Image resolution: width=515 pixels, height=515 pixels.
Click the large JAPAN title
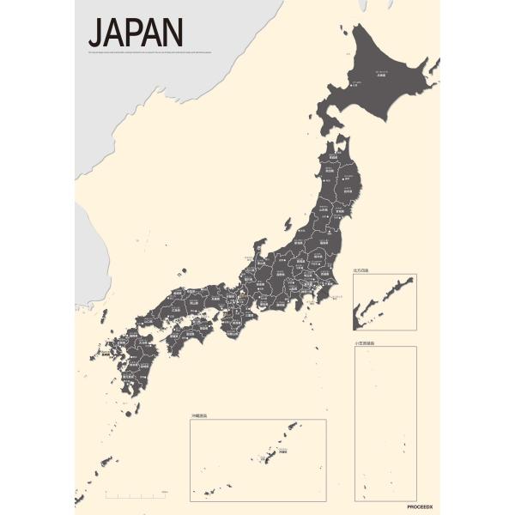[x=135, y=33]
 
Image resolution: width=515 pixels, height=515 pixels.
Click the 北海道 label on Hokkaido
[x=380, y=76]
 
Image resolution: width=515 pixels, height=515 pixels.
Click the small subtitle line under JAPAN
[x=154, y=53]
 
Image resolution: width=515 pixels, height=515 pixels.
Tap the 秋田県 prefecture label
[x=329, y=182]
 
